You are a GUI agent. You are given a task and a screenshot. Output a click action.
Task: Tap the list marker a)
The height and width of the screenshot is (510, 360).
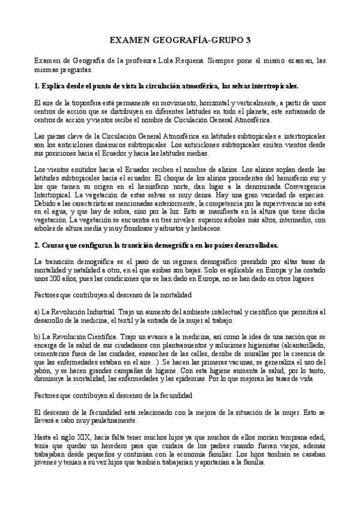pyautogui.click(x=37, y=312)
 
